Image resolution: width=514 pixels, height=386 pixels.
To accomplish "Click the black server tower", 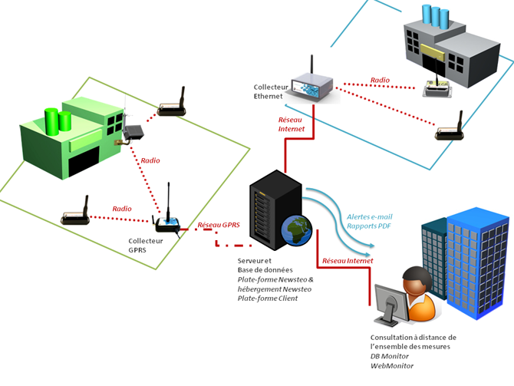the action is (x=275, y=210).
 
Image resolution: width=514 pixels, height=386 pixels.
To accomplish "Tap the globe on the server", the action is (x=296, y=230).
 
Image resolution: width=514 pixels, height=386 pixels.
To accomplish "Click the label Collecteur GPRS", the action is (x=146, y=246).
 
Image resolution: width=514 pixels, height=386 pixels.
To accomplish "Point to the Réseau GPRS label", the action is (x=219, y=225).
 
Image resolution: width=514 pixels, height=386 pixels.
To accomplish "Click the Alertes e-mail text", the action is (x=370, y=216).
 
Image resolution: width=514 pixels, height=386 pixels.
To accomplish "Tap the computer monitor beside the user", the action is (x=391, y=305).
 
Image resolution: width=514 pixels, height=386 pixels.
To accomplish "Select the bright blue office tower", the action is (x=477, y=262).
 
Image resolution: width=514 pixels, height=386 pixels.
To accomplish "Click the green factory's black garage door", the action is (x=84, y=161).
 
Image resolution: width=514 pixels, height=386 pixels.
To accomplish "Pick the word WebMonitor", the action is (x=392, y=366).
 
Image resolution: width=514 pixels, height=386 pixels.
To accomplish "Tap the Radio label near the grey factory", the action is (x=380, y=80).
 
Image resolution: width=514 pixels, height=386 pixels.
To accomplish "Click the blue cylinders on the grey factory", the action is (x=435, y=15).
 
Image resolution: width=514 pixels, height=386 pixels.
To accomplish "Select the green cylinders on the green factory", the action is (x=58, y=121).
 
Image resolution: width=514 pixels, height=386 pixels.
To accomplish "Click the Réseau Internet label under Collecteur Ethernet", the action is (x=291, y=124).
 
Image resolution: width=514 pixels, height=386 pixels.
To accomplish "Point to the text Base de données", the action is (x=265, y=270).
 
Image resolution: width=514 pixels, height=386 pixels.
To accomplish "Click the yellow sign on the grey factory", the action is (x=433, y=52).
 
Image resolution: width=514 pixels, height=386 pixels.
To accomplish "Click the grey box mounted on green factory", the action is (x=133, y=132).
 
